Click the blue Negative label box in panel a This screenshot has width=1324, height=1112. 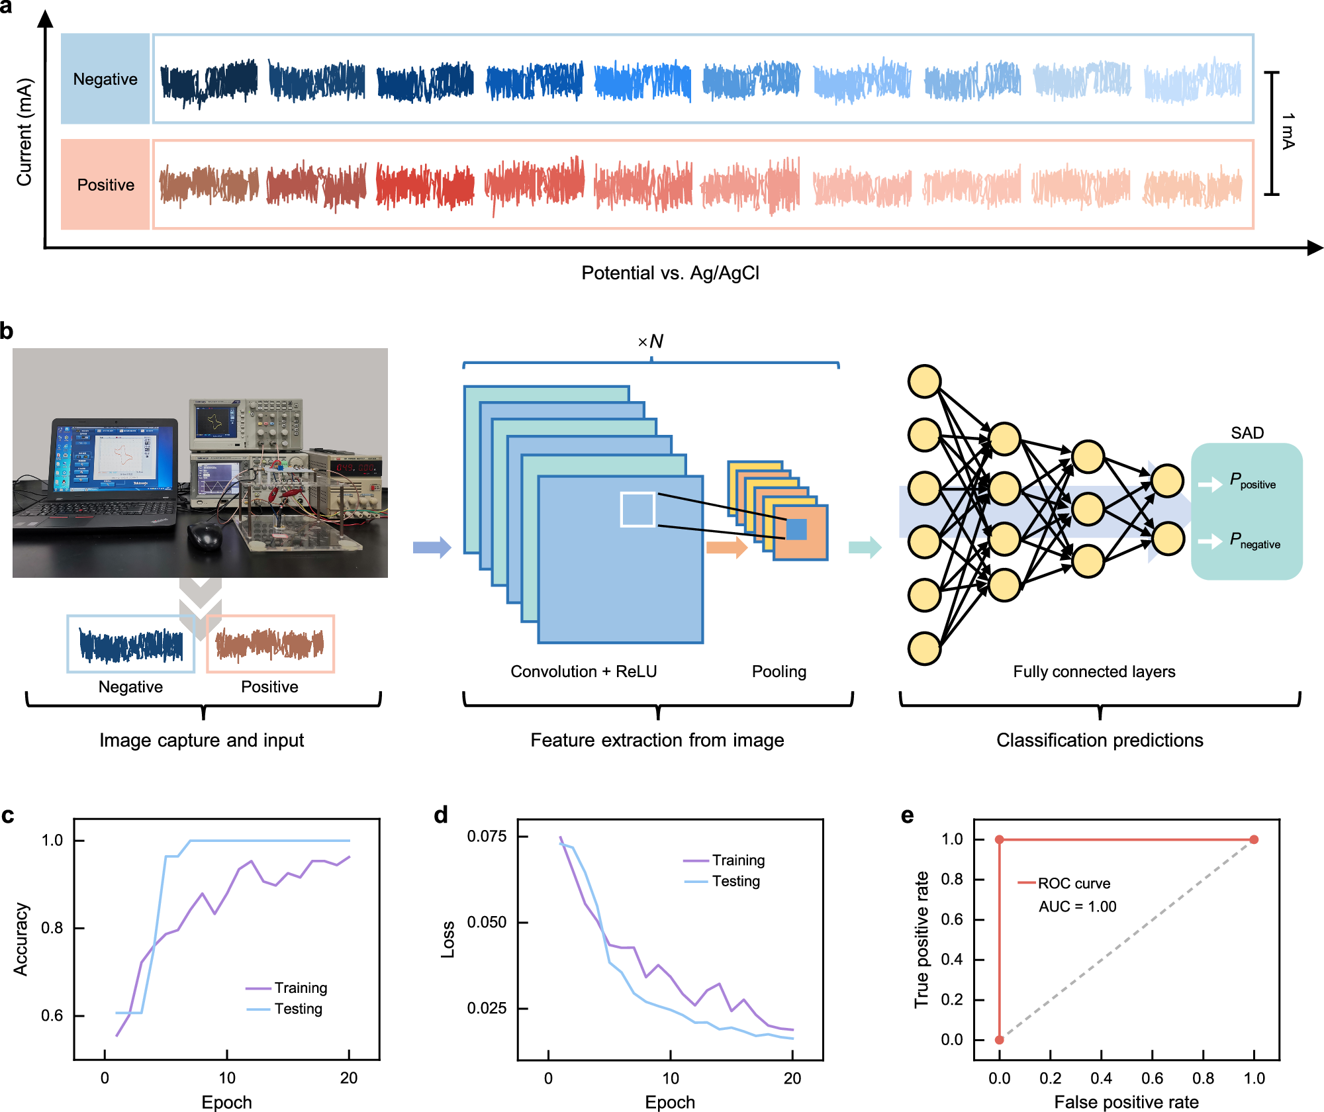pyautogui.click(x=105, y=79)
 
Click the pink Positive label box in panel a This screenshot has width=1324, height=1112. pyautogui.click(x=105, y=185)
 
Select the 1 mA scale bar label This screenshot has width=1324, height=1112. pyautogui.click(x=1288, y=131)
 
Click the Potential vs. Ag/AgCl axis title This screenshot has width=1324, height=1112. pyautogui.click(x=670, y=273)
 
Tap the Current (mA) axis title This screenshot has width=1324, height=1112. pyautogui.click(x=24, y=132)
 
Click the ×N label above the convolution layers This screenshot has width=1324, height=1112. pyautogui.click(x=650, y=342)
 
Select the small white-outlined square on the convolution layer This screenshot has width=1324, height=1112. pyautogui.click(x=638, y=509)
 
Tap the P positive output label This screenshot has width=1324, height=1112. pyautogui.click(x=1252, y=481)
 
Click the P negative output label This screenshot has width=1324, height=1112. pyautogui.click(x=1254, y=540)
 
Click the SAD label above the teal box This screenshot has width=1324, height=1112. pyautogui.click(x=1247, y=433)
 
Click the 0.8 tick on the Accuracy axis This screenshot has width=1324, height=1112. pyautogui.click(x=52, y=928)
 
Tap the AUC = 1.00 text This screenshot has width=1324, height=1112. pyautogui.click(x=1077, y=906)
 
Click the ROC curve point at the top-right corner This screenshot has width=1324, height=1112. pyautogui.click(x=1254, y=839)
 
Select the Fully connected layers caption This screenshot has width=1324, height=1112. pyautogui.click(x=1094, y=671)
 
